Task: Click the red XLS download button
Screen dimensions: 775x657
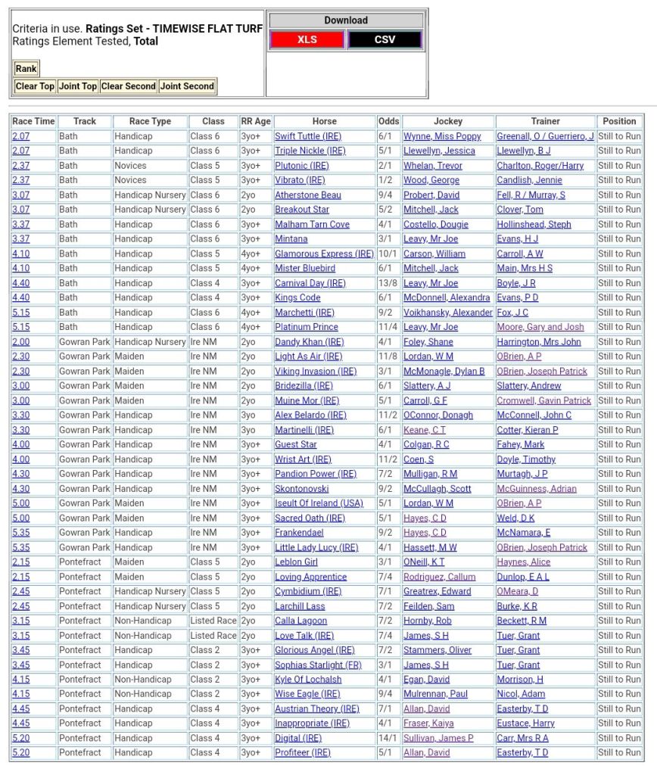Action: click(x=307, y=39)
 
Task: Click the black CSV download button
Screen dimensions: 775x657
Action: click(x=385, y=39)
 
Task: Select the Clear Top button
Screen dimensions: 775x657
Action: click(x=35, y=86)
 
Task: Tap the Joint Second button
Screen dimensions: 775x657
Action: click(x=187, y=86)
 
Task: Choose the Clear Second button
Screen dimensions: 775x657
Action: click(x=129, y=86)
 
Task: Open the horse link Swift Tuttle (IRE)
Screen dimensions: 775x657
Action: click(x=307, y=136)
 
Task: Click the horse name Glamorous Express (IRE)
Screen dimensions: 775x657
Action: click(x=324, y=254)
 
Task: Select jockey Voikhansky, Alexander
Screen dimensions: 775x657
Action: click(x=447, y=313)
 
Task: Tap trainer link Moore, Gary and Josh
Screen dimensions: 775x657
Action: click(x=540, y=327)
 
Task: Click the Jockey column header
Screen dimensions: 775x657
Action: click(x=448, y=121)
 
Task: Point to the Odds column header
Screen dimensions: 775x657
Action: click(x=388, y=121)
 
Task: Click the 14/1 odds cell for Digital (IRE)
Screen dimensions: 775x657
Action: click(x=388, y=738)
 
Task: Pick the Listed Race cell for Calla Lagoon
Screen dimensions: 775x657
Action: click(x=213, y=621)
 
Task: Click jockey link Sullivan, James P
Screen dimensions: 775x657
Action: click(x=438, y=738)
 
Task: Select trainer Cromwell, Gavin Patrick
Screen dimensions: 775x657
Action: click(x=543, y=400)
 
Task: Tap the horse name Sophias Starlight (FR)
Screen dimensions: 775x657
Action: click(x=318, y=665)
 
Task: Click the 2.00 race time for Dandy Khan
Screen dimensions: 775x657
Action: click(x=21, y=342)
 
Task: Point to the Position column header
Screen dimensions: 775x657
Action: click(x=619, y=121)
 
